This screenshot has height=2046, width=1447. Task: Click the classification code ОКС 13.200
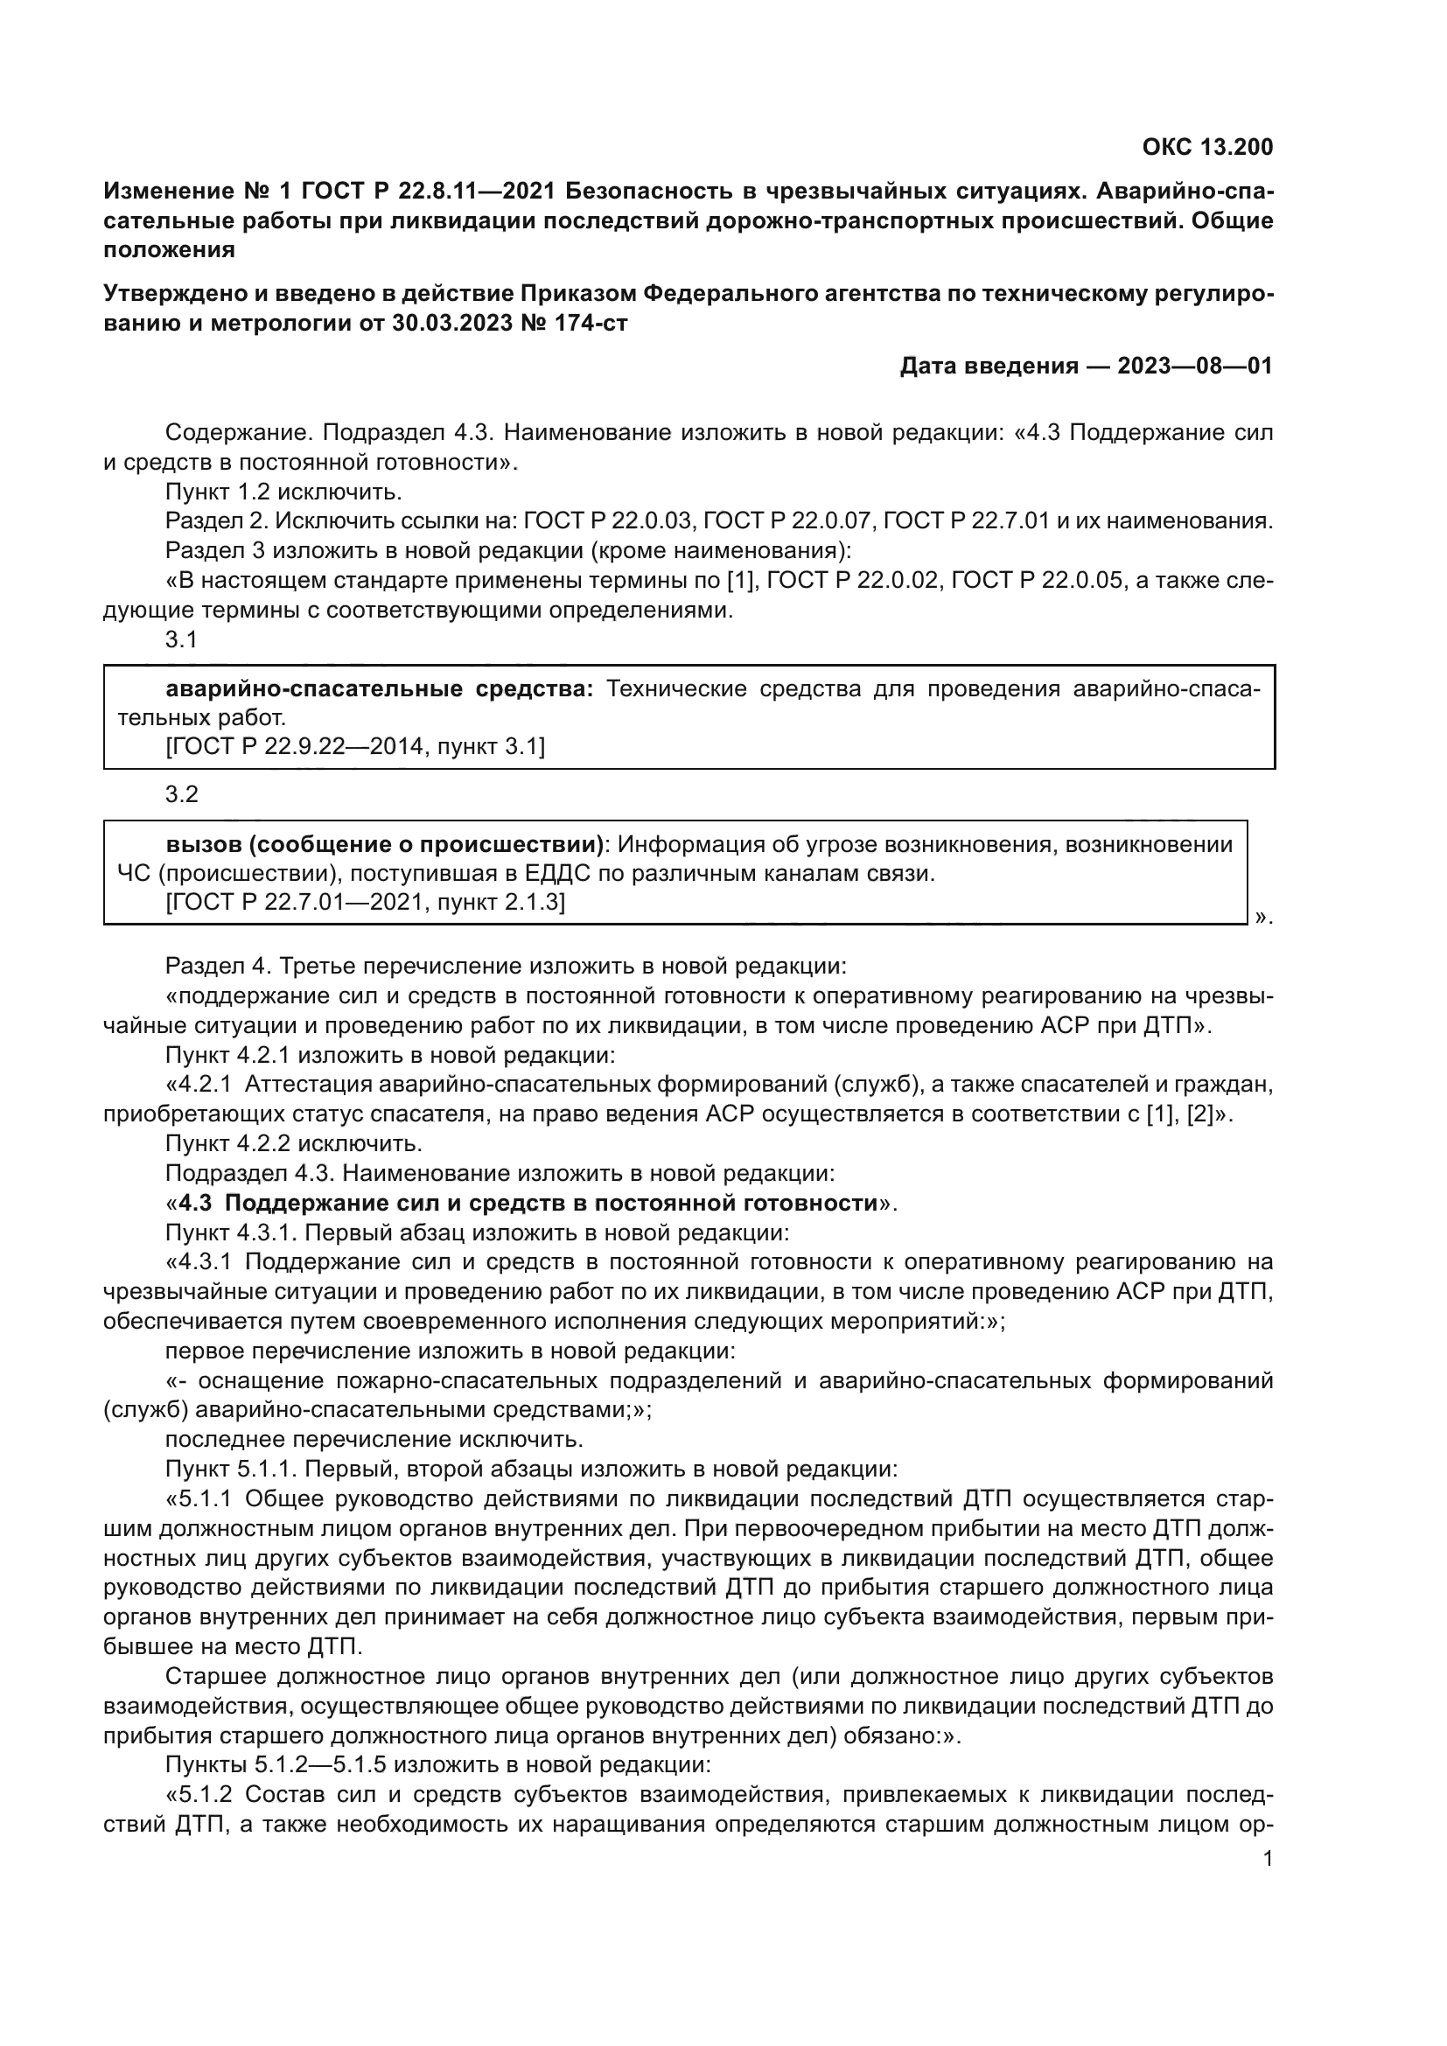[1207, 147]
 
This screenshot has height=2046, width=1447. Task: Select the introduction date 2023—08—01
[1195, 367]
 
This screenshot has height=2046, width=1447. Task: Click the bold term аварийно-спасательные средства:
[380, 688]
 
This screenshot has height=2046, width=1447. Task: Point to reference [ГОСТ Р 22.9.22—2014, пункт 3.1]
[355, 746]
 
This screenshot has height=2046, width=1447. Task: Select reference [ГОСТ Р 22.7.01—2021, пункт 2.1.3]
[366, 902]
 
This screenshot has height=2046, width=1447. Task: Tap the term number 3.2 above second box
[182, 794]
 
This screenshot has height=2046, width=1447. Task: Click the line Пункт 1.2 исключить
[284, 492]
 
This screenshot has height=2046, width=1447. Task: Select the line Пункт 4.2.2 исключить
[294, 1143]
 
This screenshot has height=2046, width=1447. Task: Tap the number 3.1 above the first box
[181, 639]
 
